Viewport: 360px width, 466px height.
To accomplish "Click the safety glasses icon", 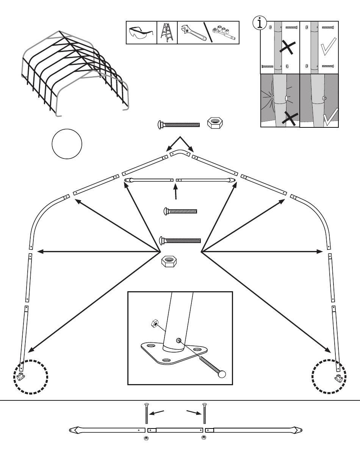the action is point(141,32).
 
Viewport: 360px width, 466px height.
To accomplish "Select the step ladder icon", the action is point(167,33).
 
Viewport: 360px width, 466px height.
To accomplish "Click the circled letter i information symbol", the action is point(260,23).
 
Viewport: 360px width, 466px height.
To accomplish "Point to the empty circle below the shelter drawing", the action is point(67,144).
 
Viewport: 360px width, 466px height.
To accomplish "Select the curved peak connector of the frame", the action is point(180,152).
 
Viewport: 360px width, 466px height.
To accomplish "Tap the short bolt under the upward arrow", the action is point(180,211).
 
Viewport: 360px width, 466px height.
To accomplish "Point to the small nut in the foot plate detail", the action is point(154,323).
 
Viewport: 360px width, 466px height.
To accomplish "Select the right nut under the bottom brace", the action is point(204,438).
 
